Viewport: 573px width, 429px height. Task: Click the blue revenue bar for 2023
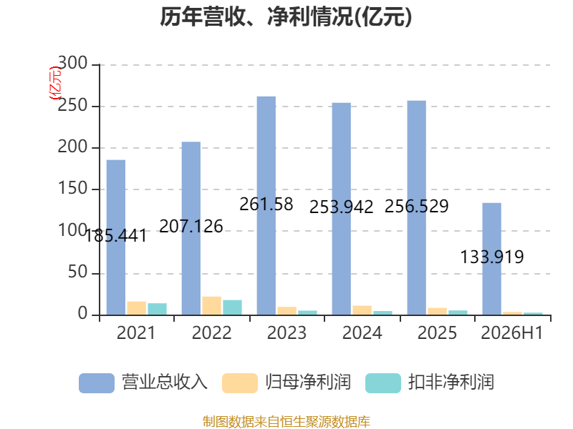266,206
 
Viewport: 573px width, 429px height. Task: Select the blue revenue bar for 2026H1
492,259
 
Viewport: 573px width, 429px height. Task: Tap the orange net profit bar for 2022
212,306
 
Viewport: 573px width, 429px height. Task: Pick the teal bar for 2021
158,309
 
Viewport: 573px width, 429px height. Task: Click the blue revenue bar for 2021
116,237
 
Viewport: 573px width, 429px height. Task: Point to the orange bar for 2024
362,310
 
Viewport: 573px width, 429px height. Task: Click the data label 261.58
266,204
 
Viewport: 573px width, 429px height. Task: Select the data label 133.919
492,257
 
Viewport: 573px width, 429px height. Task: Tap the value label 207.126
191,226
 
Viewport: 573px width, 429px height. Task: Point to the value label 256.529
417,206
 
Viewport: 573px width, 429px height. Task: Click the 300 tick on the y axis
73,63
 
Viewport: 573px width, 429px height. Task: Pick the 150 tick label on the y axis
73,188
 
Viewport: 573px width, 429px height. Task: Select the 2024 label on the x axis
362,332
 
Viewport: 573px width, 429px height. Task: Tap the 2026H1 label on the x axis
512,332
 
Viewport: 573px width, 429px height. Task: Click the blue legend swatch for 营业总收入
97,383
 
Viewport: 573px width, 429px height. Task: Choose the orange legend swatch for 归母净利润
240,383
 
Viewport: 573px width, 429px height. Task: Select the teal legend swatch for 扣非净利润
383,383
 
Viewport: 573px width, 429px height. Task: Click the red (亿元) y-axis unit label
55,83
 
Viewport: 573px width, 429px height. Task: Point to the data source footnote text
286,422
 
